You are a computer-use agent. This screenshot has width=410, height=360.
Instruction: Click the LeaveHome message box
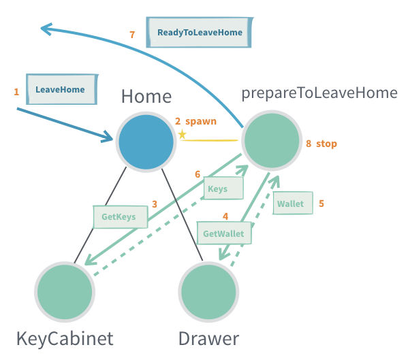(x=61, y=89)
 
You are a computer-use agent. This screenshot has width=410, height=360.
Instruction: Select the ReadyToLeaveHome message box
(x=199, y=32)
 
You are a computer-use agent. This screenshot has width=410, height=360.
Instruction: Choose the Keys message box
(x=218, y=189)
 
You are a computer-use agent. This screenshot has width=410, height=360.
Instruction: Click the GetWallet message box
(x=224, y=233)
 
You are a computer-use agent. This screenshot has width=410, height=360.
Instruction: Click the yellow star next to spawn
(x=182, y=134)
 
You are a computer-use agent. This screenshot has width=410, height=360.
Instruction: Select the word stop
(x=326, y=144)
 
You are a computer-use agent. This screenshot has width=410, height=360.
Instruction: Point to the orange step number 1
(x=16, y=91)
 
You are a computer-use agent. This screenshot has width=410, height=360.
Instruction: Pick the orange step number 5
(x=321, y=203)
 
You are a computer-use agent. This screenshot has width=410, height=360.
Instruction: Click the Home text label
(x=146, y=97)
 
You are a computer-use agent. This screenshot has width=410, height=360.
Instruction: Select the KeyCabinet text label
(x=65, y=338)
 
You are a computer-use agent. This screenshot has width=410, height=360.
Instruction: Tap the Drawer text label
(x=208, y=338)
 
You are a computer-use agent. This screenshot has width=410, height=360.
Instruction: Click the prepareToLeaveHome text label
(x=319, y=93)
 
